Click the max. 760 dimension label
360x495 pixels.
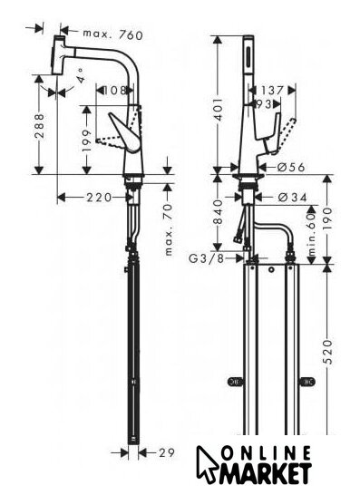113,34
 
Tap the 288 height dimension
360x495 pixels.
40,126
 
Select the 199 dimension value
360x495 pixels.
87,141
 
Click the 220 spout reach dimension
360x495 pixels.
99,198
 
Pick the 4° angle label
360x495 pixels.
82,75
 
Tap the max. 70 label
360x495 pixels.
169,228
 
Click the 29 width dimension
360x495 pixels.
167,453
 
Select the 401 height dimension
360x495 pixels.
219,110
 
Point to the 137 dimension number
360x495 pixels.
272,91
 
